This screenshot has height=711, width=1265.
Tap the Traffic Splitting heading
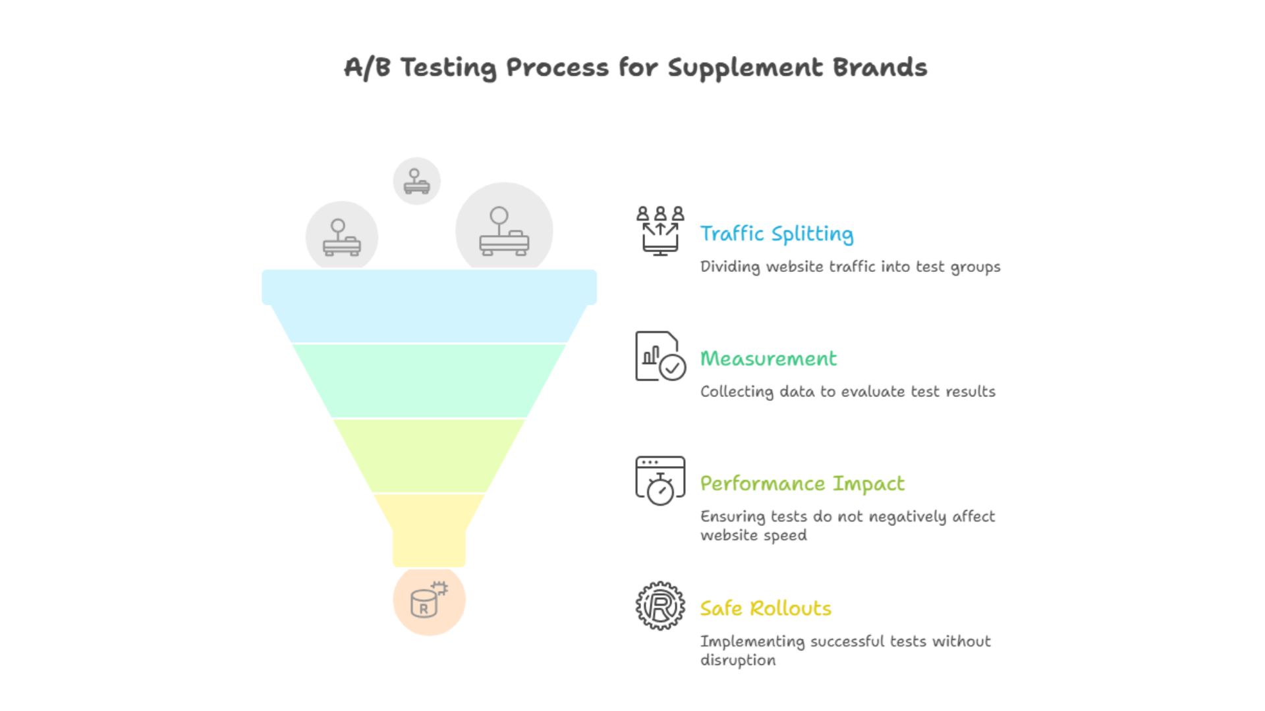pyautogui.click(x=776, y=234)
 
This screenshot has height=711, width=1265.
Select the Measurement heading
pyautogui.click(x=768, y=359)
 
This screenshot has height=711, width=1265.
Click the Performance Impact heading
pyautogui.click(x=802, y=484)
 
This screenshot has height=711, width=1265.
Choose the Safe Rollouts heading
pyautogui.click(x=765, y=608)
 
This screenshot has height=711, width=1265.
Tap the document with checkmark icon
pyautogui.click(x=660, y=356)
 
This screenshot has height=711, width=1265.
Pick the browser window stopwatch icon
pyautogui.click(x=660, y=481)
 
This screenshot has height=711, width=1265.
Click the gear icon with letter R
pyautogui.click(x=660, y=606)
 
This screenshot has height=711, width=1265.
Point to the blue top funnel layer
pyautogui.click(x=429, y=306)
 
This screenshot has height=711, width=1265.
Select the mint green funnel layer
pyautogui.click(x=429, y=381)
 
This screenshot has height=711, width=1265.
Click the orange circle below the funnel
pyautogui.click(x=429, y=600)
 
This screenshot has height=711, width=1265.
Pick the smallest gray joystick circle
pyautogui.click(x=416, y=181)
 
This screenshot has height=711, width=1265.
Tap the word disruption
pyautogui.click(x=737, y=660)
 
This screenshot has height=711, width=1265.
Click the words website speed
pyautogui.click(x=753, y=535)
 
